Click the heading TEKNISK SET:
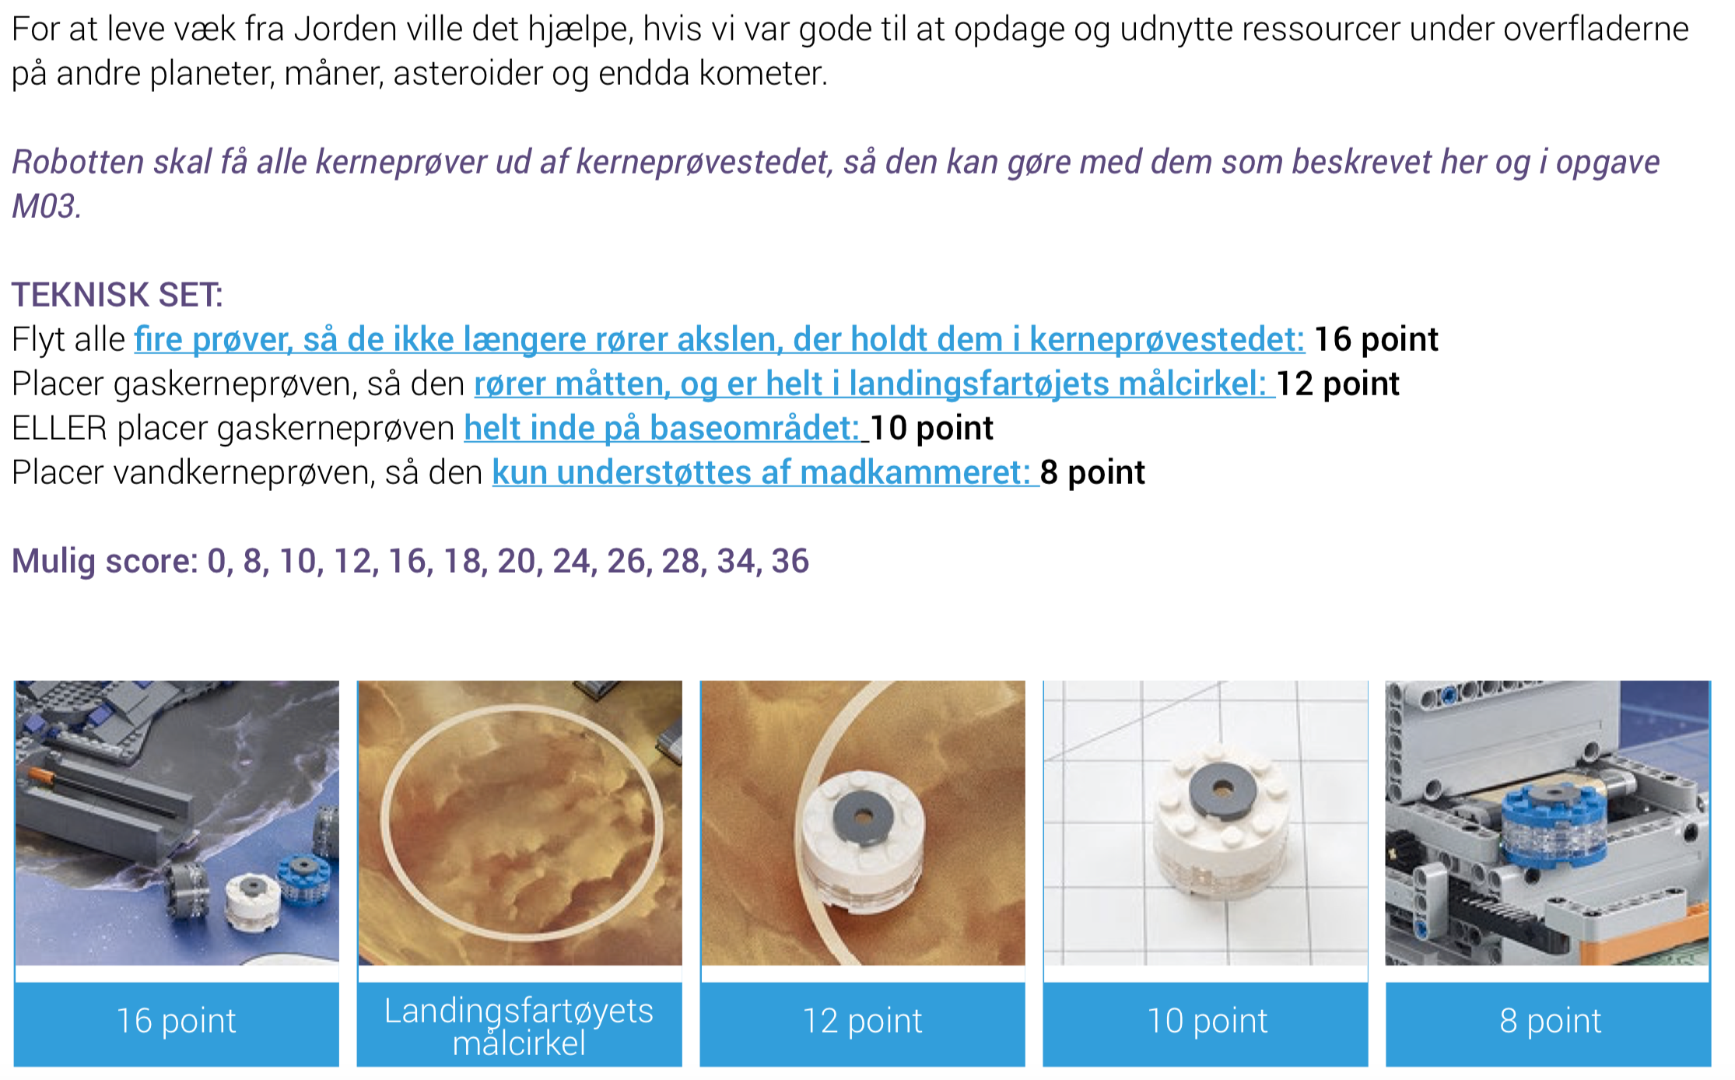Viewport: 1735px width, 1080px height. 117,295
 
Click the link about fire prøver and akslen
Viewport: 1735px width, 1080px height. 720,339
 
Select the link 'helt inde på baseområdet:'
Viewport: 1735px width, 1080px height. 662,428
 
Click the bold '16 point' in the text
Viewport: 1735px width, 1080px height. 1376,339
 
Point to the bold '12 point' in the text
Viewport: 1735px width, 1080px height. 1338,384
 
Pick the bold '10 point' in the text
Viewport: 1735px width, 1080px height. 931,428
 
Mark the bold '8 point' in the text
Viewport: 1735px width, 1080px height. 1092,472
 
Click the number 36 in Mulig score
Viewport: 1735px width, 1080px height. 790,561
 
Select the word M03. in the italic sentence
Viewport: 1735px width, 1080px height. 47,206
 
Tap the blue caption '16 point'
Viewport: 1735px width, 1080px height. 176,1021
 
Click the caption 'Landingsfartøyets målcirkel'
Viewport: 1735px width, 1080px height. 519,1026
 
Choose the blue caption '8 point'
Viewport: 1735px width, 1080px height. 1550,1021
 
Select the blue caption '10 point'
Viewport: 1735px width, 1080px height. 1207,1021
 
